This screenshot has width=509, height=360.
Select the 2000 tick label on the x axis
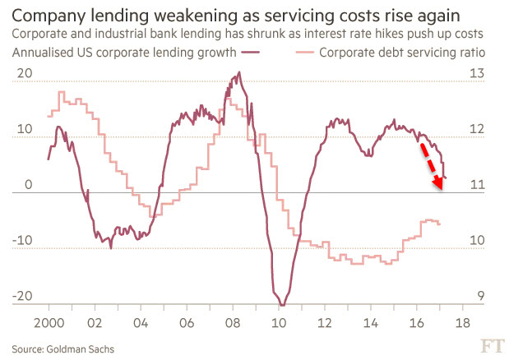49,322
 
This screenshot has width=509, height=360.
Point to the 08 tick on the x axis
233,322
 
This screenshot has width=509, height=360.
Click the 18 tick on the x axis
462,322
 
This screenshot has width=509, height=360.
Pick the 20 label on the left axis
25,73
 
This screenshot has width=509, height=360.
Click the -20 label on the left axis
22,298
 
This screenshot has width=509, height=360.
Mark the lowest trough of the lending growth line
283,305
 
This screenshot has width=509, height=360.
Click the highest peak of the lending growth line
239,72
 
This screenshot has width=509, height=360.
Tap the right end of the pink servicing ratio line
440,224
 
